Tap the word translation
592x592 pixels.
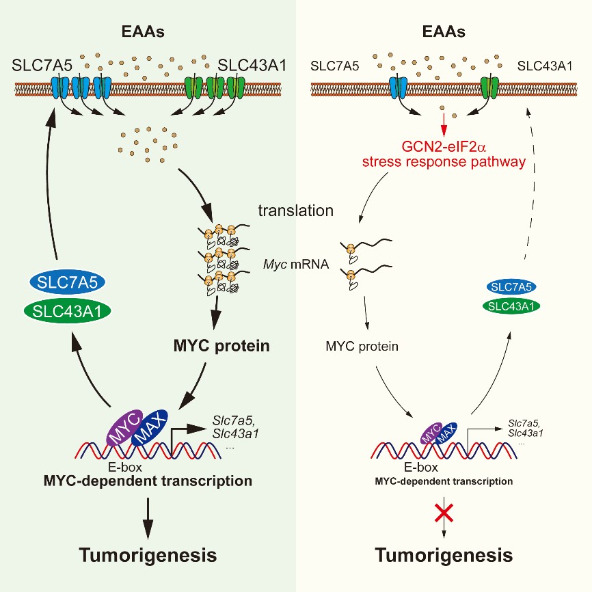[x=295, y=211]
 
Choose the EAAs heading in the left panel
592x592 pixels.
[x=148, y=31]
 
